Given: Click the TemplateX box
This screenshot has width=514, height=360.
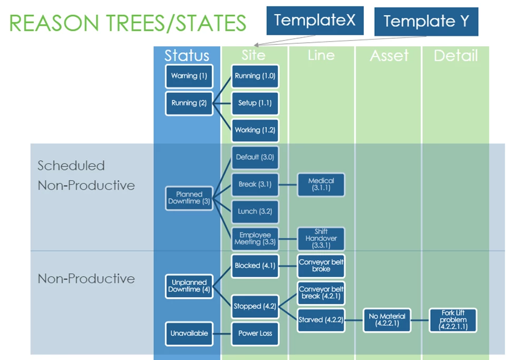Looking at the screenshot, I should pos(315,21).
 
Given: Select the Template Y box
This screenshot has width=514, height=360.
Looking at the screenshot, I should pos(426,22).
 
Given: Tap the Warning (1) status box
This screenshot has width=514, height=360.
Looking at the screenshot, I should pos(189,76).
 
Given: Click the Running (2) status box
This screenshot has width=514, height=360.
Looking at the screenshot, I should pos(189,103).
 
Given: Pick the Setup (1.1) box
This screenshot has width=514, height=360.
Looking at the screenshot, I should pos(255,103).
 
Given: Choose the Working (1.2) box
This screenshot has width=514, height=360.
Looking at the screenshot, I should pos(255,130).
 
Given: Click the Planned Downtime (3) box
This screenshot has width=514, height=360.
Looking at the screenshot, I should pos(189,198).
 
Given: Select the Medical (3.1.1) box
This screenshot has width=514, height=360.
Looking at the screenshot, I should pos(321,184).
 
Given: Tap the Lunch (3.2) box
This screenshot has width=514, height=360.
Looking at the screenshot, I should pos(255,211).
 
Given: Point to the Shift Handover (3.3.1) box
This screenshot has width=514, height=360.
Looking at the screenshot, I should pos(321,238).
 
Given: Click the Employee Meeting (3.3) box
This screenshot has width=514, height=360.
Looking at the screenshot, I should pos(255,238).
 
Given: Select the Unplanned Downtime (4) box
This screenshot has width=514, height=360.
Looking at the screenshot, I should pos(189,286).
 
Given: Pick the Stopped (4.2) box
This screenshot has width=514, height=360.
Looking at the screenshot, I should pos(255,306).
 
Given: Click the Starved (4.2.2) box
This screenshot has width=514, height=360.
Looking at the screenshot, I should pos(321,320).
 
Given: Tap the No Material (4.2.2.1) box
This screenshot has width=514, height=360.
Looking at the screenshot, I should pos(387,320).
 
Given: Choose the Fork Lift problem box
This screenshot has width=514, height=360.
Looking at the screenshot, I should pos(453,320).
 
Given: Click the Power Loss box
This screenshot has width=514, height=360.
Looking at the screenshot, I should pos(255,334).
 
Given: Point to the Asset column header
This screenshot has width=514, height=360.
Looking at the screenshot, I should pos(389,56).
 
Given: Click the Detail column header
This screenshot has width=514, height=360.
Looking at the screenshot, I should pos(455,56).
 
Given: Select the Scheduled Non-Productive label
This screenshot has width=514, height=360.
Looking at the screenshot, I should pos(86,176).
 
